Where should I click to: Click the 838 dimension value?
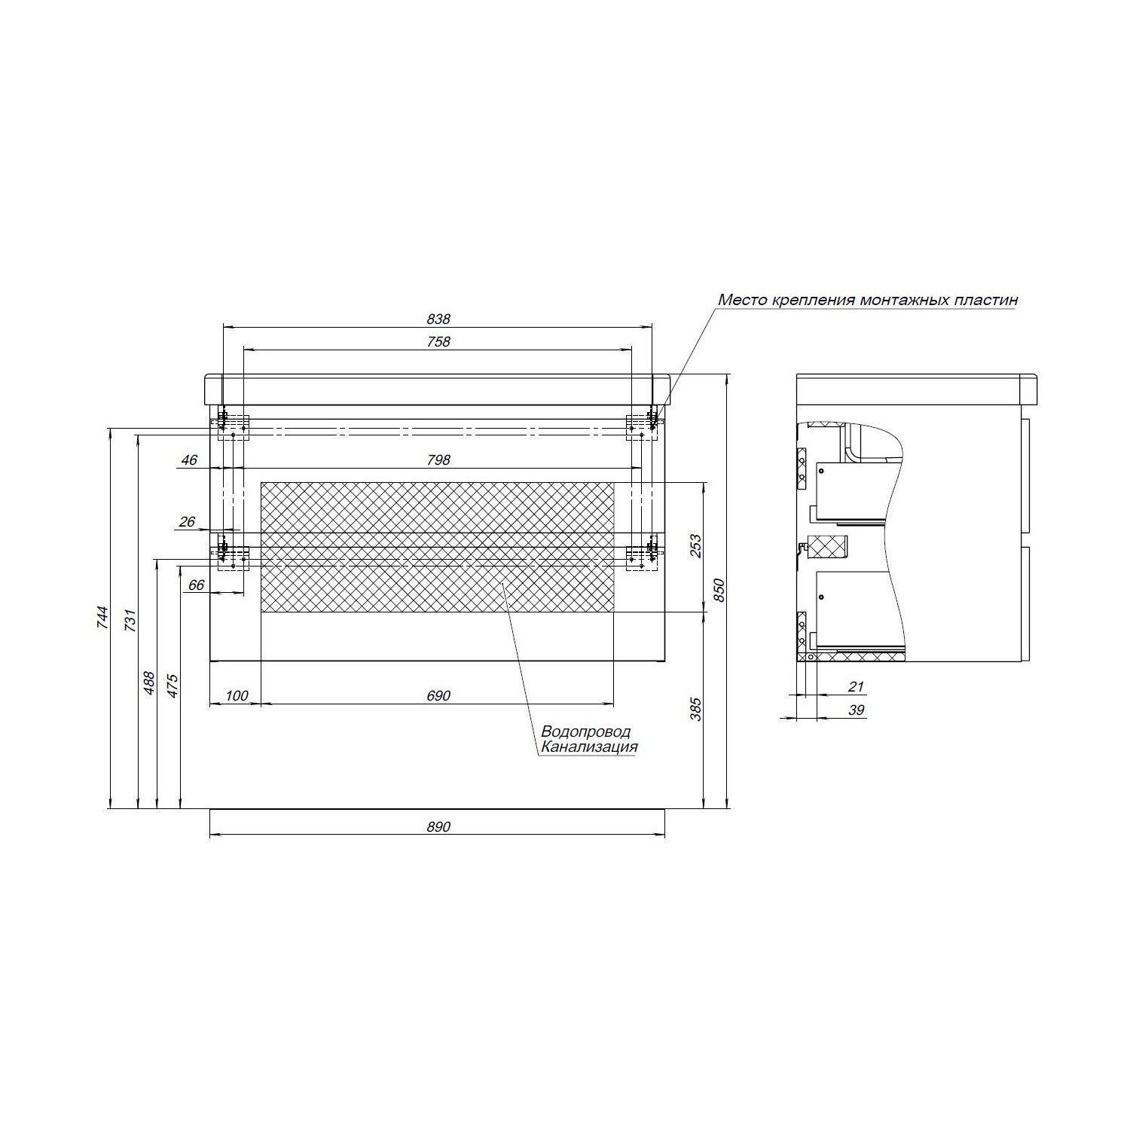[438, 319]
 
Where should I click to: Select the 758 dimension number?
[438, 342]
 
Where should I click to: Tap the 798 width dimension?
[438, 460]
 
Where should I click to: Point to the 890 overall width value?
[438, 826]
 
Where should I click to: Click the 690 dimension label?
[438, 696]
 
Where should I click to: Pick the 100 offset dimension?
[237, 696]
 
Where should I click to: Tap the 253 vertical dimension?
[695, 546]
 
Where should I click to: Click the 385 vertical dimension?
[695, 709]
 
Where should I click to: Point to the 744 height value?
[104, 618]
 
